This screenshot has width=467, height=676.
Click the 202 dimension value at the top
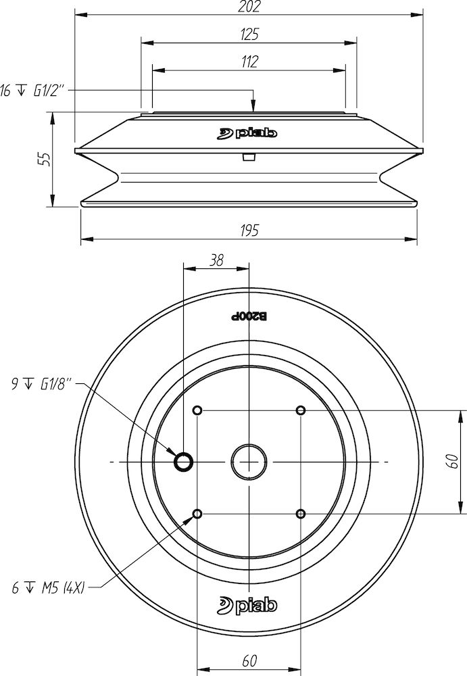point(249,7)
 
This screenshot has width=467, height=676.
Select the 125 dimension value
point(249,34)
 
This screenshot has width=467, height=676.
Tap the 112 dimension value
point(249,62)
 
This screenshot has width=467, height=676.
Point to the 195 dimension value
point(249,231)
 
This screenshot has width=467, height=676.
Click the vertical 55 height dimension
point(43,160)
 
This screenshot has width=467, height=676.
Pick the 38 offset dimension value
point(216,260)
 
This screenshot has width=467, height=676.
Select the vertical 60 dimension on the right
point(453,462)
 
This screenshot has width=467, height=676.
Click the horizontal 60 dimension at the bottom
point(249,661)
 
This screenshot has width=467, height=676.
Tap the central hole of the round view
point(249,462)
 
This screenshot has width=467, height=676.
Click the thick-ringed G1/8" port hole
point(183,462)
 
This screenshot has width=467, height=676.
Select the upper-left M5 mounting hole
point(197,410)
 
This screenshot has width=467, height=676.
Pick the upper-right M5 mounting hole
point(301,410)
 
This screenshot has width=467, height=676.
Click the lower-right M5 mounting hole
point(301,514)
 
